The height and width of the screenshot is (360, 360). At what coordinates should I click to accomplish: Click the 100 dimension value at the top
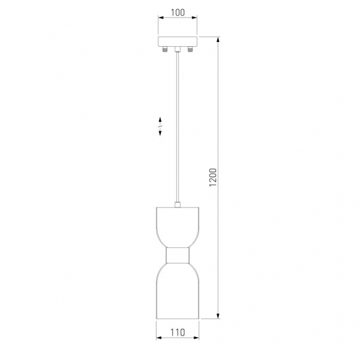coord(178,13)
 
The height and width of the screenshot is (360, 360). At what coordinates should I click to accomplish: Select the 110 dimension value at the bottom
coord(178,332)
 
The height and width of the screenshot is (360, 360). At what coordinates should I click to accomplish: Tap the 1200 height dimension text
coord(213,178)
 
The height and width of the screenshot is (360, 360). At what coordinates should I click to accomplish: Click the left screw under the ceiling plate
coord(164,49)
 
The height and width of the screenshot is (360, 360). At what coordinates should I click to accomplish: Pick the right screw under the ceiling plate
coord(190,49)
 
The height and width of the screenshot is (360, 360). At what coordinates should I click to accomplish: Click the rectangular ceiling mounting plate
coord(178,41)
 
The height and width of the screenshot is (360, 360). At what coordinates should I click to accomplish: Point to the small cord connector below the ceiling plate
coord(177,49)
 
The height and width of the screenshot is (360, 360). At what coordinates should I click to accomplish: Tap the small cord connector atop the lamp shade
coord(177,205)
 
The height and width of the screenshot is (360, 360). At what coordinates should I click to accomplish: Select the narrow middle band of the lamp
coord(177,255)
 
